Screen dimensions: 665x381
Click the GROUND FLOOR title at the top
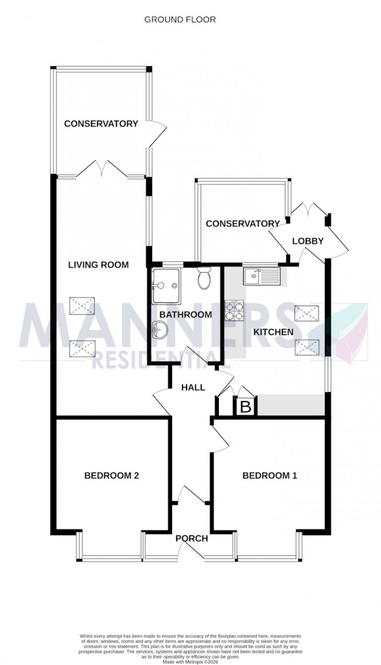click(180, 20)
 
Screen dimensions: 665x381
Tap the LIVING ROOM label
click(98, 265)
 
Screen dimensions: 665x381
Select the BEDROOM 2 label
click(111, 476)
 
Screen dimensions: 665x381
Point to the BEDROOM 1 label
click(269, 476)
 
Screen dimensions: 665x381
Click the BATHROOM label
click(186, 314)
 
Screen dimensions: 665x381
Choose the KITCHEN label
click(273, 332)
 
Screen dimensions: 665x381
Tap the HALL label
click(193, 387)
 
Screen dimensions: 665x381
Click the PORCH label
click(191, 538)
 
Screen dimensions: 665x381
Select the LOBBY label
click(308, 241)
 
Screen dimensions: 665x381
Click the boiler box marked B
click(246, 407)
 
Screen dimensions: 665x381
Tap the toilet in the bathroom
click(204, 279)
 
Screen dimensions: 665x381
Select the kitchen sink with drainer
click(261, 276)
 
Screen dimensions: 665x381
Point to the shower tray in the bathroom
click(167, 286)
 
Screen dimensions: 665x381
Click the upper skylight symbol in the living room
click(82, 305)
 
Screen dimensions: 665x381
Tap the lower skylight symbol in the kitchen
click(307, 347)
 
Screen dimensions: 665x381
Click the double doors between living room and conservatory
click(103, 169)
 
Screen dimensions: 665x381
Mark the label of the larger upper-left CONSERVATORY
click(101, 123)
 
